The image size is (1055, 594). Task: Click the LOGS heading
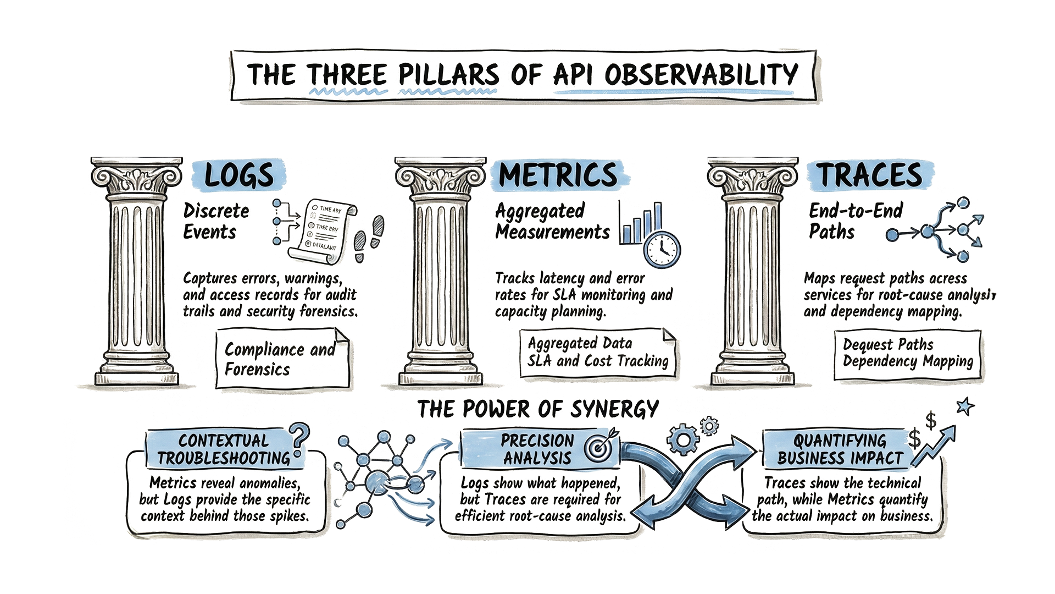(x=239, y=175)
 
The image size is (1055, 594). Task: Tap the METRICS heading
(x=558, y=175)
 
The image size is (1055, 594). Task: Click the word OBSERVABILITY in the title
(x=701, y=75)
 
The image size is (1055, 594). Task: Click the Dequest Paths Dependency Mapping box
(x=908, y=354)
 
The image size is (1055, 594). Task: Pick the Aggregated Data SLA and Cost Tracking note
(x=598, y=353)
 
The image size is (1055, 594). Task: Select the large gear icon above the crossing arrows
(x=683, y=439)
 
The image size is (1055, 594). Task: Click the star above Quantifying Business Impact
(x=965, y=406)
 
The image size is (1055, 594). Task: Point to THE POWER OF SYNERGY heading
(x=538, y=409)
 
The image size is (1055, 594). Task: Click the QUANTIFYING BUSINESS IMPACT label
(x=840, y=449)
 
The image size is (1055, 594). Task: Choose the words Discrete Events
(x=216, y=221)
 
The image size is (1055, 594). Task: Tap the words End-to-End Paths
(x=856, y=221)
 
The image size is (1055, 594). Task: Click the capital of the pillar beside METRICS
(x=440, y=178)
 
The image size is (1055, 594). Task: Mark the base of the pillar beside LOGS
(x=137, y=376)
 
